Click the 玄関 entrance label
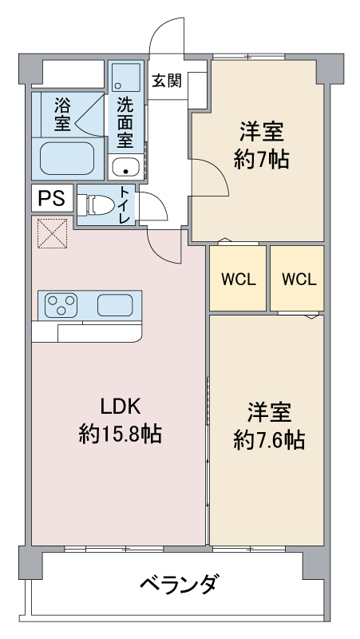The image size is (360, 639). point(167,81)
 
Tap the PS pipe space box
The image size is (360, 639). point(52,198)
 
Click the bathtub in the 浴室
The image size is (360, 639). point(67,157)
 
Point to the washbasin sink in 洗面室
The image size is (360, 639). point(125,167)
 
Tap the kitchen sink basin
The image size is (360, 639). point(115,305)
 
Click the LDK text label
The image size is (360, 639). point(121,407)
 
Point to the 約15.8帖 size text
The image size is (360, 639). point(121,434)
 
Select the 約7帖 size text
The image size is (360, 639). point(261,159)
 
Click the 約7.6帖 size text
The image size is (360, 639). point(269,440)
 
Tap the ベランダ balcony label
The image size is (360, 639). point(177,585)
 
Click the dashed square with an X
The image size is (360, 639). point(53,233)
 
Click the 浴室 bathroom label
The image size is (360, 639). point(62,116)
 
